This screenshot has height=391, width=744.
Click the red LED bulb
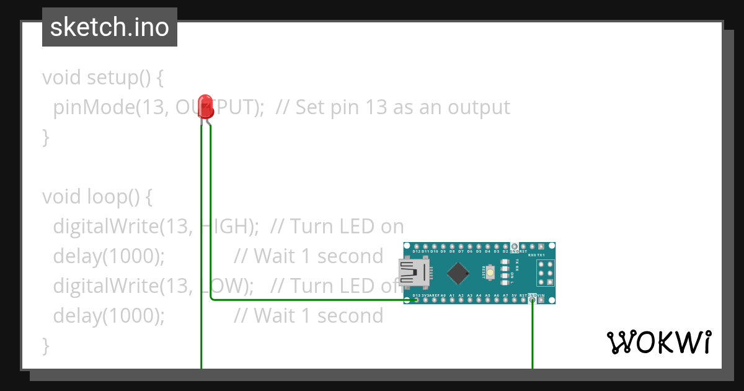pyautogui.click(x=205, y=106)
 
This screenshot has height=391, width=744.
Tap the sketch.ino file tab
pyautogui.click(x=110, y=27)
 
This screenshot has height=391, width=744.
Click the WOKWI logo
pyautogui.click(x=658, y=342)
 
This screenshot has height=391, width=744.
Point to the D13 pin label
pyautogui.click(x=415, y=295)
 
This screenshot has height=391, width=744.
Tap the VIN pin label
pyautogui.click(x=541, y=295)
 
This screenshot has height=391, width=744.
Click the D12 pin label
pyautogui.click(x=416, y=251)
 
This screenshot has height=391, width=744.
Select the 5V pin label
pyautogui.click(x=514, y=295)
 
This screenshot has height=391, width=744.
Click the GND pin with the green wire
pyautogui.click(x=532, y=300)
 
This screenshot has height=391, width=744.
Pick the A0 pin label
pyautogui.click(x=443, y=295)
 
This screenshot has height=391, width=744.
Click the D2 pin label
pyautogui.click(x=505, y=251)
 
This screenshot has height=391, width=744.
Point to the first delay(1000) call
pyautogui.click(x=109, y=256)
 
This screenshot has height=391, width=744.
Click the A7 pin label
pyautogui.click(x=505, y=295)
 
